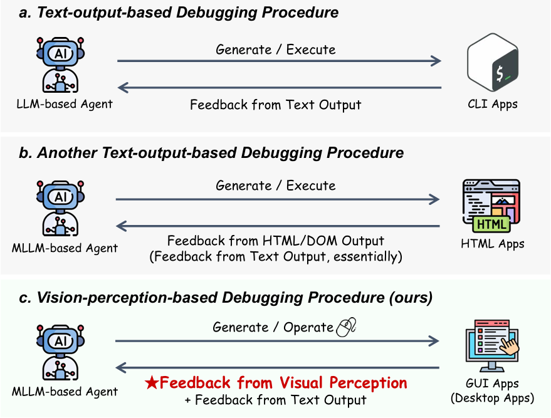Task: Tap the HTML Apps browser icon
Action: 491,206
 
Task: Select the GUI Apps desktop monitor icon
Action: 492,346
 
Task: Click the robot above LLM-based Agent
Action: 60,65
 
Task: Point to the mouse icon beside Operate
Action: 346,327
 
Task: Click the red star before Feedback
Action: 152,382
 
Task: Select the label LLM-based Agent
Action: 65,104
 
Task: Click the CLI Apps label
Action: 492,104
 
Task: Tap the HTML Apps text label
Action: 492,244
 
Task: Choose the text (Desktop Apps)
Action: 492,399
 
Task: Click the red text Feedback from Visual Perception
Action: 283,383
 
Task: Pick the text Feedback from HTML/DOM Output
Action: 276,241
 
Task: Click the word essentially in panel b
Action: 366,257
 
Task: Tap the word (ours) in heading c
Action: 411,298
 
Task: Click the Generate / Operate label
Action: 273,327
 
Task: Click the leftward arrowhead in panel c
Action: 121,368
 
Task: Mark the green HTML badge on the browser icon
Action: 491,224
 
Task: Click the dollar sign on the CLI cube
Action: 500,74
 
